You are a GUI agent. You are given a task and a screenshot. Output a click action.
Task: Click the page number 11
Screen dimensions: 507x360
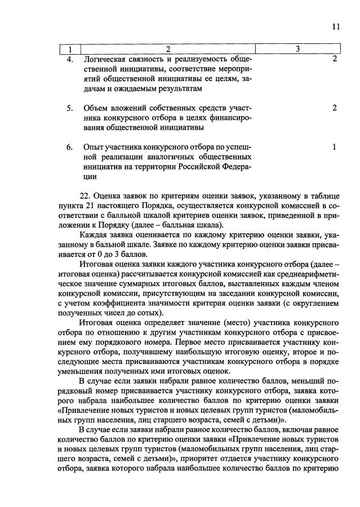(336, 26)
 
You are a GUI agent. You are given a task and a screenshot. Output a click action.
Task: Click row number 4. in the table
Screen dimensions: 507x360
(70, 59)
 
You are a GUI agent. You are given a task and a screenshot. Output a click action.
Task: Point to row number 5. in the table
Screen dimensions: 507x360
(70, 108)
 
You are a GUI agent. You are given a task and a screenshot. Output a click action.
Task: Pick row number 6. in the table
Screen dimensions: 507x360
(70, 147)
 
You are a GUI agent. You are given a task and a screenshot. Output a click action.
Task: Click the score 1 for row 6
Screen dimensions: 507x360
(334, 147)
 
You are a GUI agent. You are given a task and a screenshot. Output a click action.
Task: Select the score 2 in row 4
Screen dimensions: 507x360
(334, 59)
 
